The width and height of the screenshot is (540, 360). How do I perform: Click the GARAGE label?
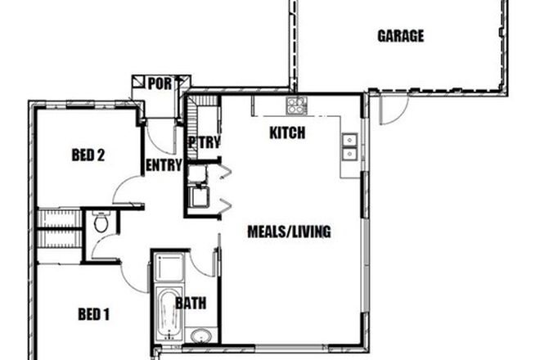click(400, 36)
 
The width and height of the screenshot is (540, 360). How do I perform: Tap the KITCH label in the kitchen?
click(286, 133)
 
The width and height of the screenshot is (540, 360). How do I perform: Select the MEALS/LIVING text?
click(289, 232)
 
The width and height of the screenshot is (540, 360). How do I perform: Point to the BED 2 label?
click(88, 155)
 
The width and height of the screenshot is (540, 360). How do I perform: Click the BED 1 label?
click(93, 313)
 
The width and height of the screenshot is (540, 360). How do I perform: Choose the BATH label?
click(191, 304)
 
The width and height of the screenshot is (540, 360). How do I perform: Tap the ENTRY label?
click(164, 165)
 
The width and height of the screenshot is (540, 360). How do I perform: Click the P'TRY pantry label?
click(204, 142)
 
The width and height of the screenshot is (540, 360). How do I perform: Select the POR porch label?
click(160, 83)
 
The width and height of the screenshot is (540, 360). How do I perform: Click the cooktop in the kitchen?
click(296, 105)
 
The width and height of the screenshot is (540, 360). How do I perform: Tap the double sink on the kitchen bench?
click(349, 146)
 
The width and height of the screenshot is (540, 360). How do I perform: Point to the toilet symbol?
click(101, 222)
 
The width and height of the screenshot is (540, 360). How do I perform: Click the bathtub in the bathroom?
click(167, 314)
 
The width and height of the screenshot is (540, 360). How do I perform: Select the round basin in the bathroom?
click(200, 335)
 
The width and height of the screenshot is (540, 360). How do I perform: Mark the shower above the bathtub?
click(168, 267)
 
